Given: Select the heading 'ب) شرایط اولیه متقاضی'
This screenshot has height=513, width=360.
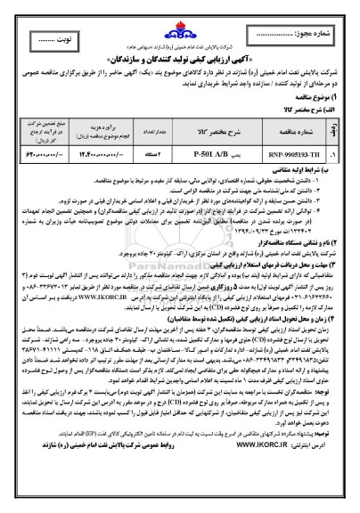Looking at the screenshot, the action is [307, 169].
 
